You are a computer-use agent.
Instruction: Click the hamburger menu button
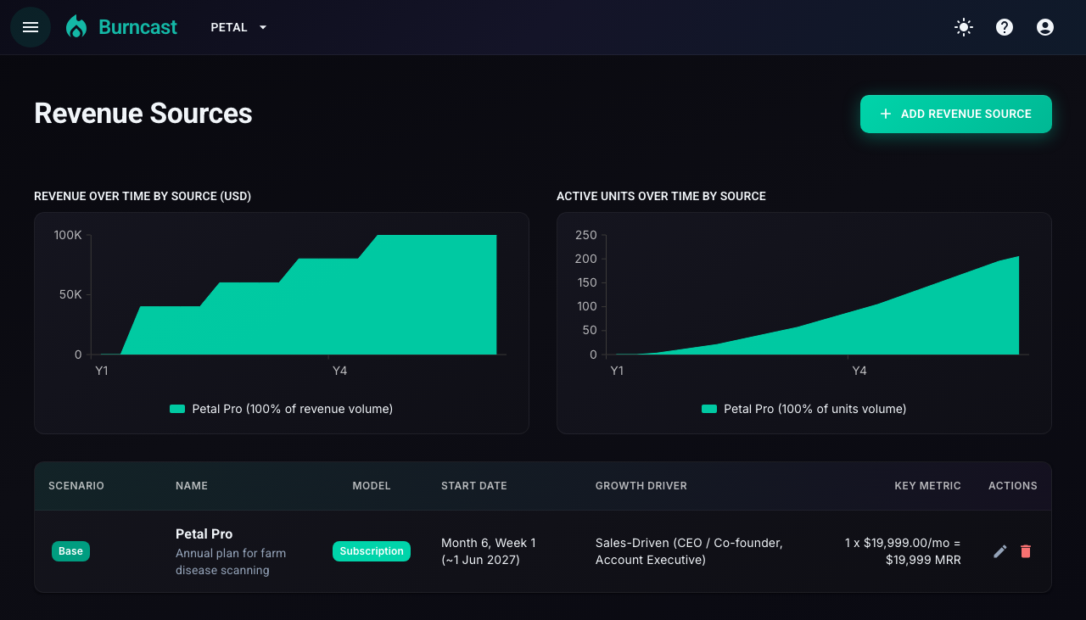pos(31,27)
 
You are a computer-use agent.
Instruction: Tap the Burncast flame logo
pos(76,26)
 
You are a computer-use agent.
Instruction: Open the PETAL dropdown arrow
pos(263,28)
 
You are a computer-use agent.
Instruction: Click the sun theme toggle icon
pos(964,27)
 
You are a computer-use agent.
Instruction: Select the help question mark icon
pos(1005,27)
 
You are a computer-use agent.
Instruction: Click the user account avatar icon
pos(1045,27)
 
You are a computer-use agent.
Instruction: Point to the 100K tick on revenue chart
pos(68,235)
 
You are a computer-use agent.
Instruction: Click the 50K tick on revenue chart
pos(70,294)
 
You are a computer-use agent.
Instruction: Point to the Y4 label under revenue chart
pos(339,371)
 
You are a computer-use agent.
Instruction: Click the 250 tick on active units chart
pos(585,235)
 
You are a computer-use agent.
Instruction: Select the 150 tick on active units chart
pos(586,282)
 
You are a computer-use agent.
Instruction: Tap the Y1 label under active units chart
pos(617,371)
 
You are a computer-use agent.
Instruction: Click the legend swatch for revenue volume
pos(177,409)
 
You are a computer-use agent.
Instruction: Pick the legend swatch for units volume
pos(709,409)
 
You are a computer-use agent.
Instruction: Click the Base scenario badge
pos(70,551)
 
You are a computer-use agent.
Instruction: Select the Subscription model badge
pos(372,551)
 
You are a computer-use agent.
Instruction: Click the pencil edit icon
pos(999,551)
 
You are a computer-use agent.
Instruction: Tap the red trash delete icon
pos(1026,551)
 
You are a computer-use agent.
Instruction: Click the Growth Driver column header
pos(641,486)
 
